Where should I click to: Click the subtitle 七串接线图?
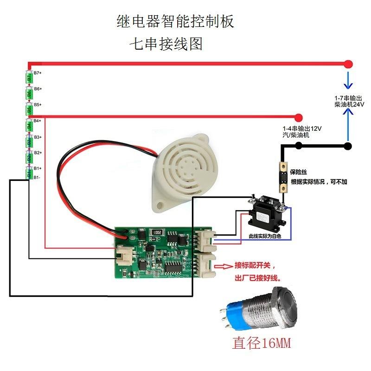coord(167,45)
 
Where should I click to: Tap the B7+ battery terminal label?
coord(38,73)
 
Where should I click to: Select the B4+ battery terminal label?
coord(38,121)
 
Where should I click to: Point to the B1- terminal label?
coord(37,177)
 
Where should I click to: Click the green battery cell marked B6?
coord(29,93)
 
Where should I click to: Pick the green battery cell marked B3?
coord(29,141)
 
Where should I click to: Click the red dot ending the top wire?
coord(348,64)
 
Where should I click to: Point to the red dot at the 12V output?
coord(298,116)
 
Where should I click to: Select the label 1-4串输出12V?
coord(302,128)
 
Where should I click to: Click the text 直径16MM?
coord(262,344)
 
